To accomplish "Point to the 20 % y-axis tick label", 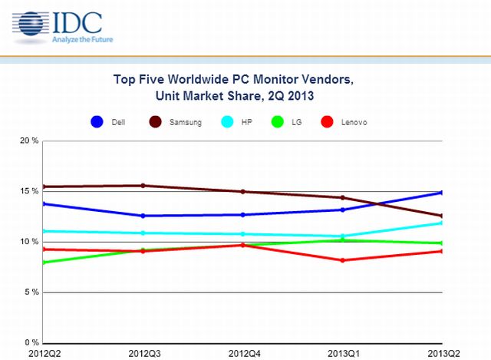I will [29, 140].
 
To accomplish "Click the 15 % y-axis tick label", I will [29, 191].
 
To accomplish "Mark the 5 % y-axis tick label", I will [31, 292].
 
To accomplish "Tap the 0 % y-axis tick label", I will [31, 342].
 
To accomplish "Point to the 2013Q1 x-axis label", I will [342, 352].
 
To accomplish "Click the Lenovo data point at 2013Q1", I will [342, 260].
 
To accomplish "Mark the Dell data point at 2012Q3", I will [143, 216].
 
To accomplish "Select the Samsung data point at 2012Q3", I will [143, 186].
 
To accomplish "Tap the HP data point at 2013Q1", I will [342, 236].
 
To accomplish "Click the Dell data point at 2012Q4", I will [242, 215].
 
